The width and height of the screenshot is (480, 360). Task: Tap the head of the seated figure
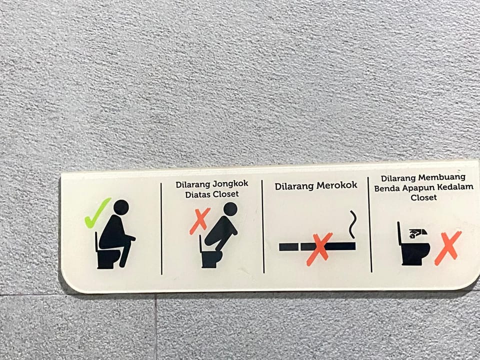click(121, 207)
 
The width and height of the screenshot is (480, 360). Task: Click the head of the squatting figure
click(230, 209)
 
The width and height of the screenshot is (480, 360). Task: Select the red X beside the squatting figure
click(200, 221)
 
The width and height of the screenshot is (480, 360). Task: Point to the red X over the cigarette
click(319, 249)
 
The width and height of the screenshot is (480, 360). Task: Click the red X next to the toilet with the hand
click(448, 248)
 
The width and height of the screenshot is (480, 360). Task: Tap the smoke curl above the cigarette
click(352, 224)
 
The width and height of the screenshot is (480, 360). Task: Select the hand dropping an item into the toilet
click(417, 233)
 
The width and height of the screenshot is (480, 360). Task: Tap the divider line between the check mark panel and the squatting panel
click(161, 228)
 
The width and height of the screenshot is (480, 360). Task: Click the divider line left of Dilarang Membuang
click(370, 224)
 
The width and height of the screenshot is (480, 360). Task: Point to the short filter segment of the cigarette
click(288, 247)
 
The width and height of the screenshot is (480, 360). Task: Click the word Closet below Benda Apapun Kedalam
click(423, 197)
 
